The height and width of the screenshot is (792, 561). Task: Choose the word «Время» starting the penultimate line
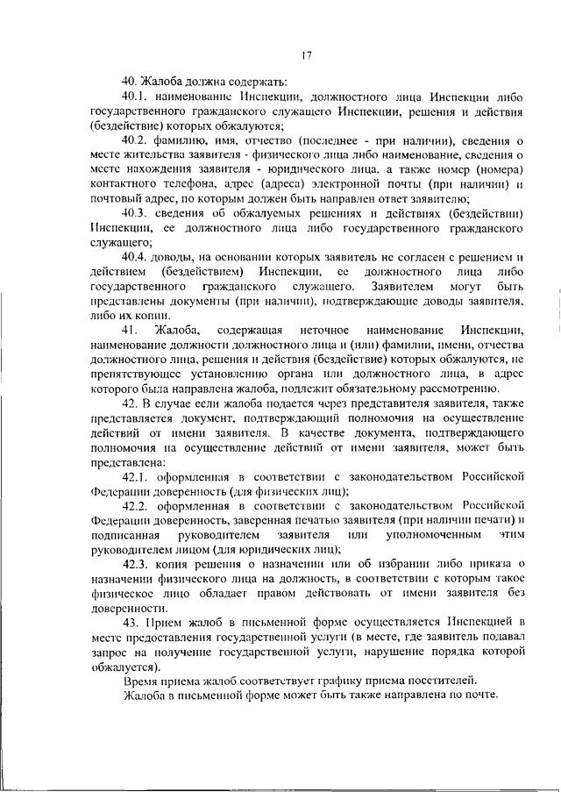point(141,679)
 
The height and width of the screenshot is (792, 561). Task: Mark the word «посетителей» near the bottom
point(441,679)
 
